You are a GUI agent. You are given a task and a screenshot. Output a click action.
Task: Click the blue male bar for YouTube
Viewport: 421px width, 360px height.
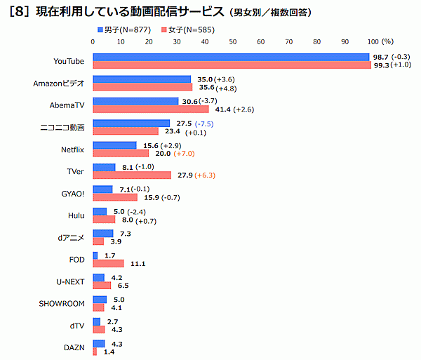[231, 57]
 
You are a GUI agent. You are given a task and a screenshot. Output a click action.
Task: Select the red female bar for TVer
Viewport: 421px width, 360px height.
[132, 175]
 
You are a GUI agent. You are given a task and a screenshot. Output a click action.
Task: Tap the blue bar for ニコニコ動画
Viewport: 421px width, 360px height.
[131, 123]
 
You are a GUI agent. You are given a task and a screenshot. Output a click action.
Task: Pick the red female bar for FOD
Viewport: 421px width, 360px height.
[108, 263]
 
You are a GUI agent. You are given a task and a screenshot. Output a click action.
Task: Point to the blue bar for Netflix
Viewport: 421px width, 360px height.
[114, 145]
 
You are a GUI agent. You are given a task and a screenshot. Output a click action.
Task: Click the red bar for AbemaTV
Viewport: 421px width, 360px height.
[151, 109]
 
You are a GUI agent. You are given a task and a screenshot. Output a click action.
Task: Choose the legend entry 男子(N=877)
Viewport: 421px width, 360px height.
[123, 30]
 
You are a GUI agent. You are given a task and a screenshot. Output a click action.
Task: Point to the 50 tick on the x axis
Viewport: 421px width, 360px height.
[232, 42]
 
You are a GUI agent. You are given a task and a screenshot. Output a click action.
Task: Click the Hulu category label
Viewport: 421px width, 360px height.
[76, 215]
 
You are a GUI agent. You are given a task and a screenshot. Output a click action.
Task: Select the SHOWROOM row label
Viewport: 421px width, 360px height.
[62, 304]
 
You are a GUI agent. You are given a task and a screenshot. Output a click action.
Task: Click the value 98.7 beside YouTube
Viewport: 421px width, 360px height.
[380, 56]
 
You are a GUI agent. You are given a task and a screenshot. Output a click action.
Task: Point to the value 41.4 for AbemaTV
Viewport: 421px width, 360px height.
[220, 110]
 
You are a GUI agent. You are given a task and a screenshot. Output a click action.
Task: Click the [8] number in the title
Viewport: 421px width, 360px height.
[18, 13]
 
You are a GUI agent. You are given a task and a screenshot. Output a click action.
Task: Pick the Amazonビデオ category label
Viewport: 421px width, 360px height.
[59, 84]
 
